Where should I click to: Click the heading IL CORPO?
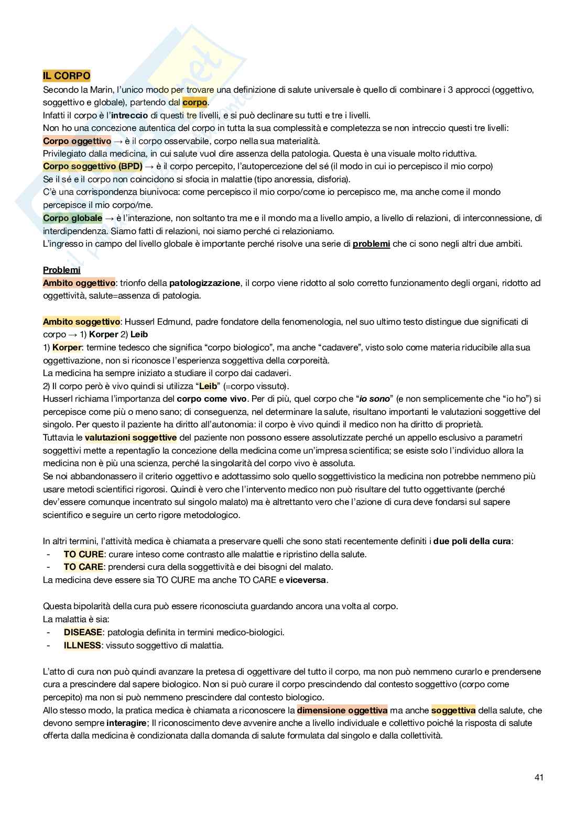coord(67,76)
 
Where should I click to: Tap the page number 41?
coord(539,777)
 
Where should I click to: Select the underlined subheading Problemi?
coord(62,270)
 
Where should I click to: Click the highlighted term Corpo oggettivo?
coord(77,141)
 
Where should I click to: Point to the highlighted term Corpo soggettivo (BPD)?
coord(93,167)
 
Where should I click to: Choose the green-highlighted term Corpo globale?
coord(73,218)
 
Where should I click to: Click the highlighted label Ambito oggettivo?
coord(79,283)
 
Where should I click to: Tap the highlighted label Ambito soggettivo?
coord(81,322)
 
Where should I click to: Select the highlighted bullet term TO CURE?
coord(84,554)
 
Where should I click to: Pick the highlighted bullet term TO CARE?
coord(84,567)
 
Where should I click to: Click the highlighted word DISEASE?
coord(83,632)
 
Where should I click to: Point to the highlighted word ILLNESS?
coord(82,645)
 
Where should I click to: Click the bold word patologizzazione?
coord(204,283)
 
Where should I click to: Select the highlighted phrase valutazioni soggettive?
coord(131,437)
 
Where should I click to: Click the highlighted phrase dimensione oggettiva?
coord(342,710)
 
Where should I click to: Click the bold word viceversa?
coord(306,580)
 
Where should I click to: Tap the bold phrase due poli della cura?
coord(472,541)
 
